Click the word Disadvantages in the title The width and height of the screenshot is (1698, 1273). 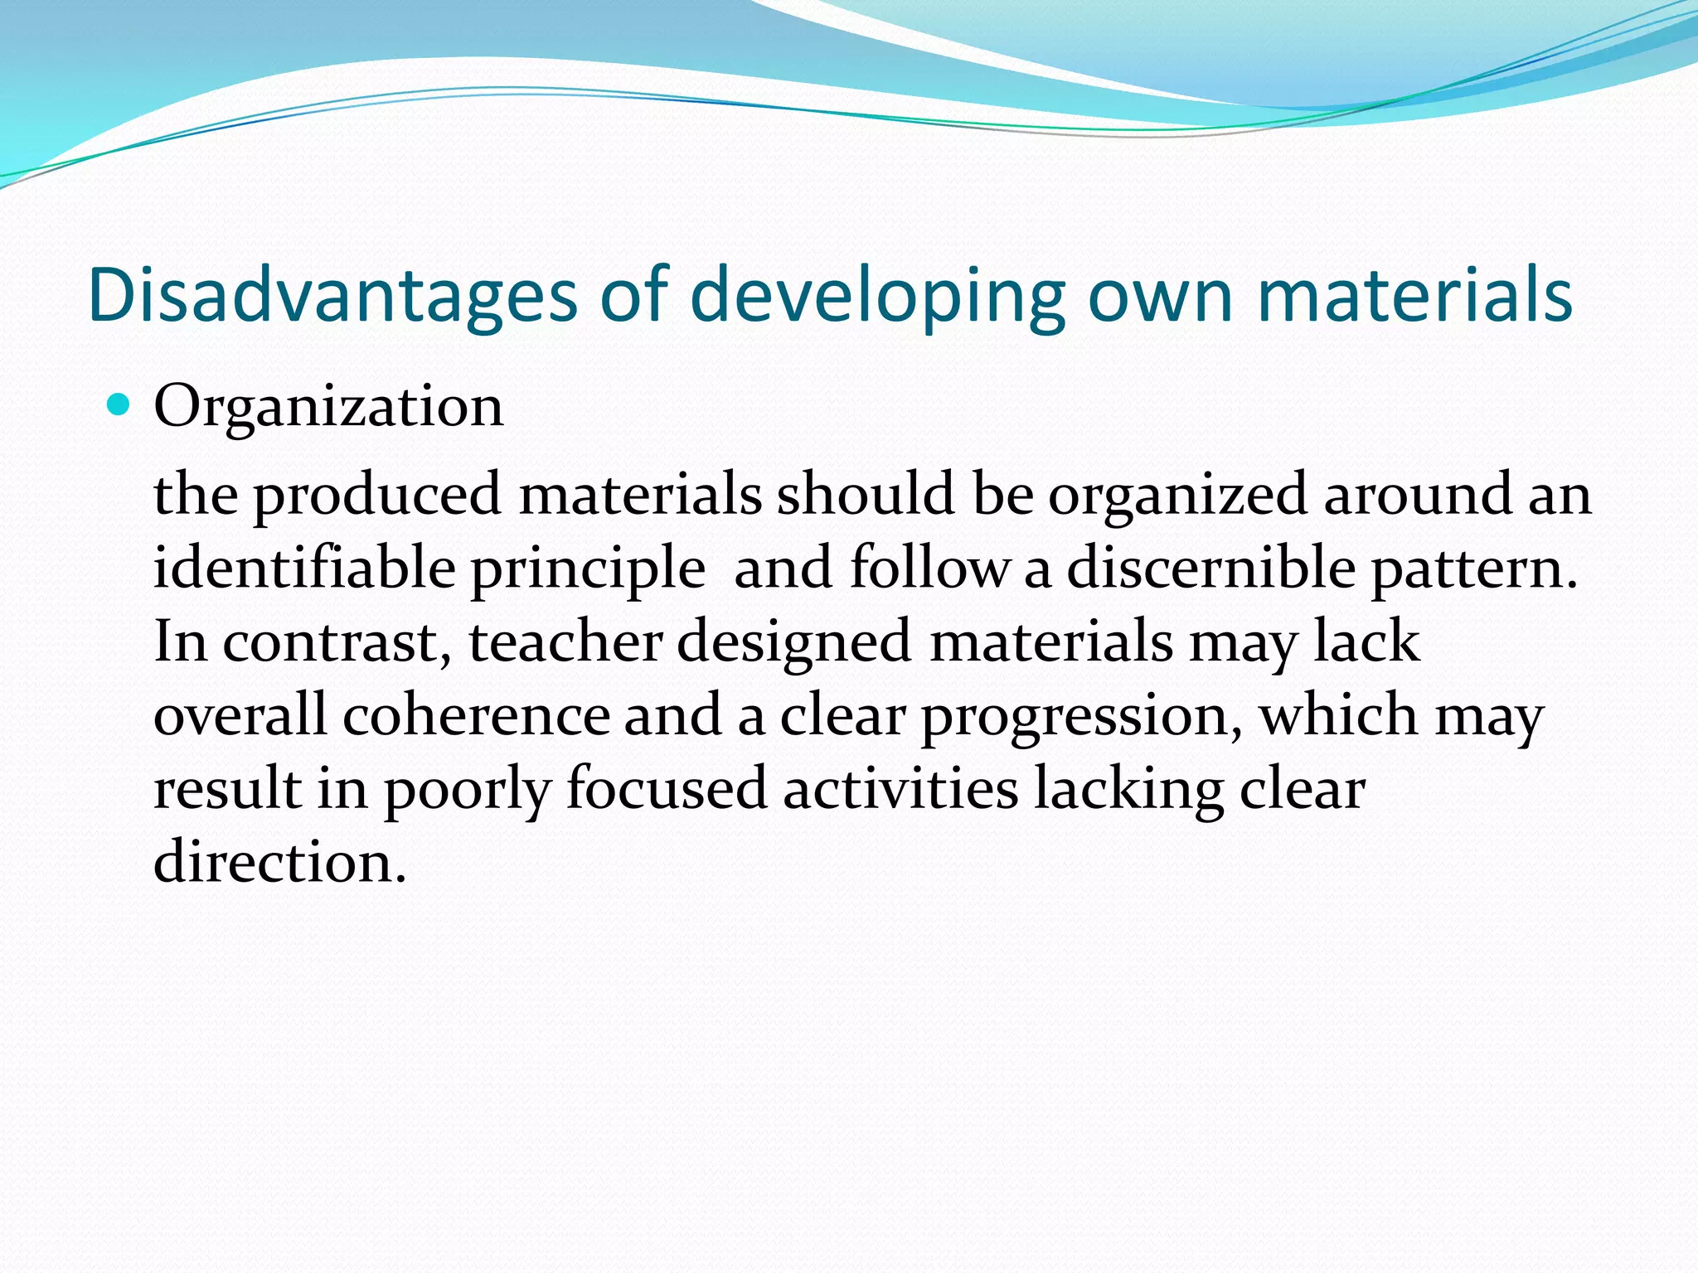click(x=332, y=294)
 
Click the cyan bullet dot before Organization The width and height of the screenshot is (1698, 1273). click(x=119, y=405)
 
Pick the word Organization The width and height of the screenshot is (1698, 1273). click(x=328, y=408)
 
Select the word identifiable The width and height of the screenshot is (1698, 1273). click(x=304, y=569)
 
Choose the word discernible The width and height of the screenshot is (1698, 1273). click(x=1210, y=569)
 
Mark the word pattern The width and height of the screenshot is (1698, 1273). click(x=1474, y=570)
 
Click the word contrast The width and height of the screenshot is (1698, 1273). click(x=337, y=642)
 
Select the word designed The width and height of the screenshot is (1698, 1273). click(x=794, y=644)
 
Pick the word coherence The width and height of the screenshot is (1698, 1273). click(x=476, y=715)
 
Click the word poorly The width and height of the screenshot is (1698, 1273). click(x=467, y=790)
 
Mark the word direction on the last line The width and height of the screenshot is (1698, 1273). click(x=279, y=862)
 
